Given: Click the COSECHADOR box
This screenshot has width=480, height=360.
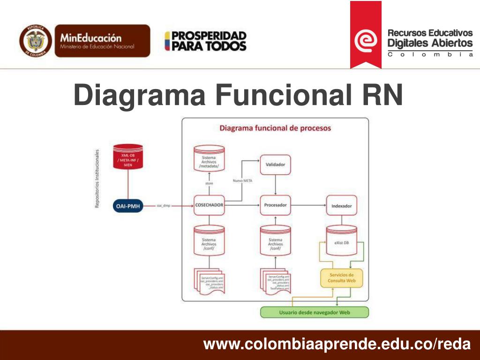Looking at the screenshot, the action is [209, 205].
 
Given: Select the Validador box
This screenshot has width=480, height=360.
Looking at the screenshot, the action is [275, 165].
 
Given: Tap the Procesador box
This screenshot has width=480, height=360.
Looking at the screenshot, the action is [275, 205].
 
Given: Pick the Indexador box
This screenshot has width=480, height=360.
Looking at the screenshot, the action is [341, 206].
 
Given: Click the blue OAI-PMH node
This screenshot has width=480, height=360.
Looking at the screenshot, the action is [128, 205].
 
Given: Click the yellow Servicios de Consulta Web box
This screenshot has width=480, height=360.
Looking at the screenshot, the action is [341, 277].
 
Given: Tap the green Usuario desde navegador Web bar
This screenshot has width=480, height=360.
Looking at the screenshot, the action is [315, 312].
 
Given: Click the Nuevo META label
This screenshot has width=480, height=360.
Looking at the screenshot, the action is [242, 180].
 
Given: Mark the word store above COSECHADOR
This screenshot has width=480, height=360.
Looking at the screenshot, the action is [209, 183].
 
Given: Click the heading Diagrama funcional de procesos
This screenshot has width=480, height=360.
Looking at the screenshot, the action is [275, 127].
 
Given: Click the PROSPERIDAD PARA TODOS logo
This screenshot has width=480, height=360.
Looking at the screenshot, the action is [205, 41].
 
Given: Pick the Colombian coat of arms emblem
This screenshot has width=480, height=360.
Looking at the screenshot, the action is [36, 41].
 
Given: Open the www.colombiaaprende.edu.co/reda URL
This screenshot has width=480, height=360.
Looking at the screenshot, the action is [336, 345].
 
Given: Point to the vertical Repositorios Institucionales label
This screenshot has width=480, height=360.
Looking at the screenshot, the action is [97, 179].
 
